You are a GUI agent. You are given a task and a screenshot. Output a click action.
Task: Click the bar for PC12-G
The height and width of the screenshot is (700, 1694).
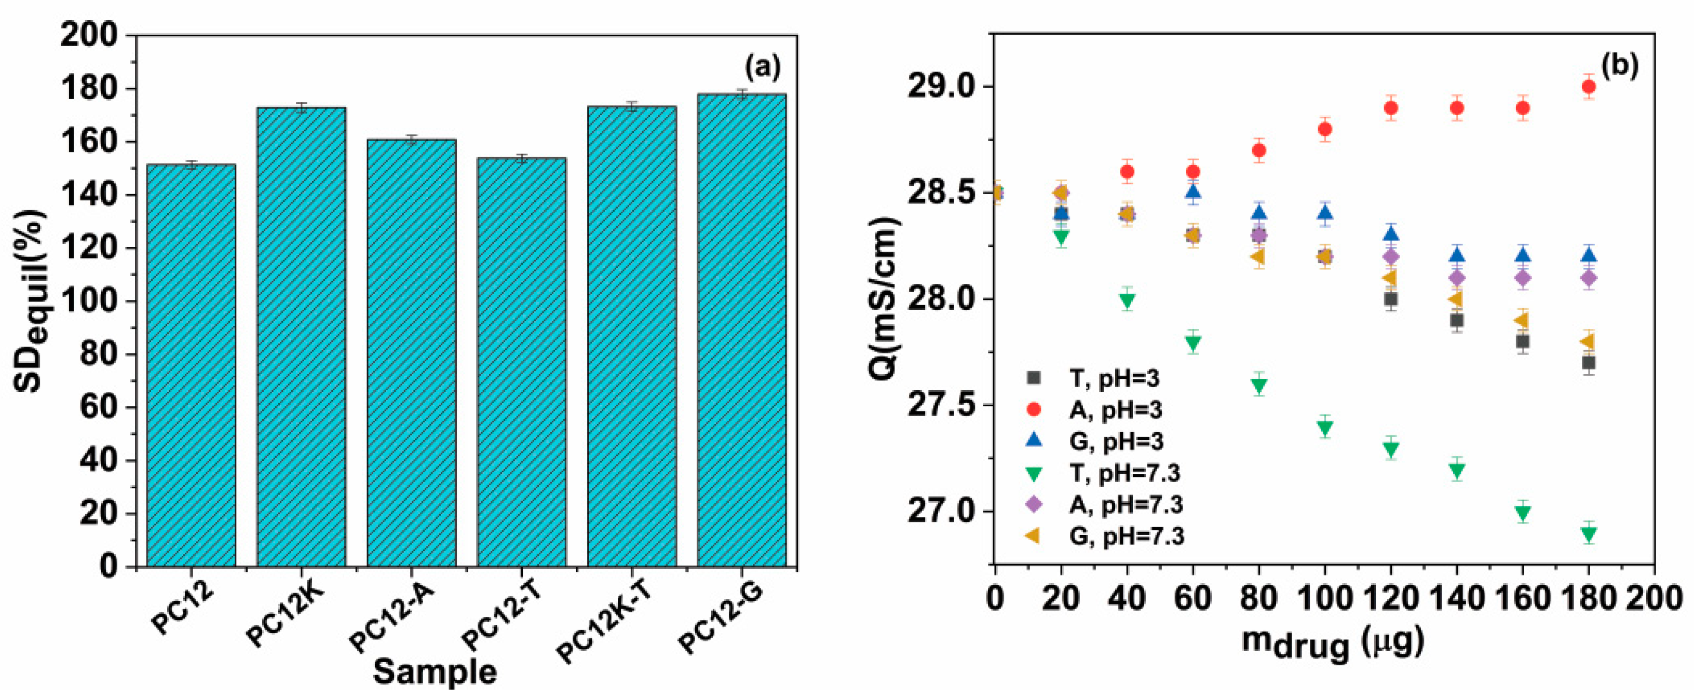741,328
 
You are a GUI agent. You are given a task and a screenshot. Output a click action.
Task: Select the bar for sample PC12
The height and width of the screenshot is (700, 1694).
192,365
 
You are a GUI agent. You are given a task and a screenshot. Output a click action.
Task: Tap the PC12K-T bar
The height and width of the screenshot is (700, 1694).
632,335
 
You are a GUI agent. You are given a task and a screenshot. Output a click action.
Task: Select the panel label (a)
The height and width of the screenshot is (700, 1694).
762,67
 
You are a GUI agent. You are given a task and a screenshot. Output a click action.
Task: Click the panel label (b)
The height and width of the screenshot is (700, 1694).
1619,66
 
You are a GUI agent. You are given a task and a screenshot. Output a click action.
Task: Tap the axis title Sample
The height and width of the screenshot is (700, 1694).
435,672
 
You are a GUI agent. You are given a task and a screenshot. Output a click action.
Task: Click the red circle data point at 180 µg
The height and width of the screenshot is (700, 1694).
1588,87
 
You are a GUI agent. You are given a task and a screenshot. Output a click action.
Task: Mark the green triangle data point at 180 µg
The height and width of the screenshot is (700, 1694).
1588,534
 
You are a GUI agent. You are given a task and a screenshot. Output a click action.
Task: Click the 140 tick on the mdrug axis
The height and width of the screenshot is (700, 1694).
1457,599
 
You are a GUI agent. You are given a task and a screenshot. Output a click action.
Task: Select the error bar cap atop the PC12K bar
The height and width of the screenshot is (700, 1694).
301,103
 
